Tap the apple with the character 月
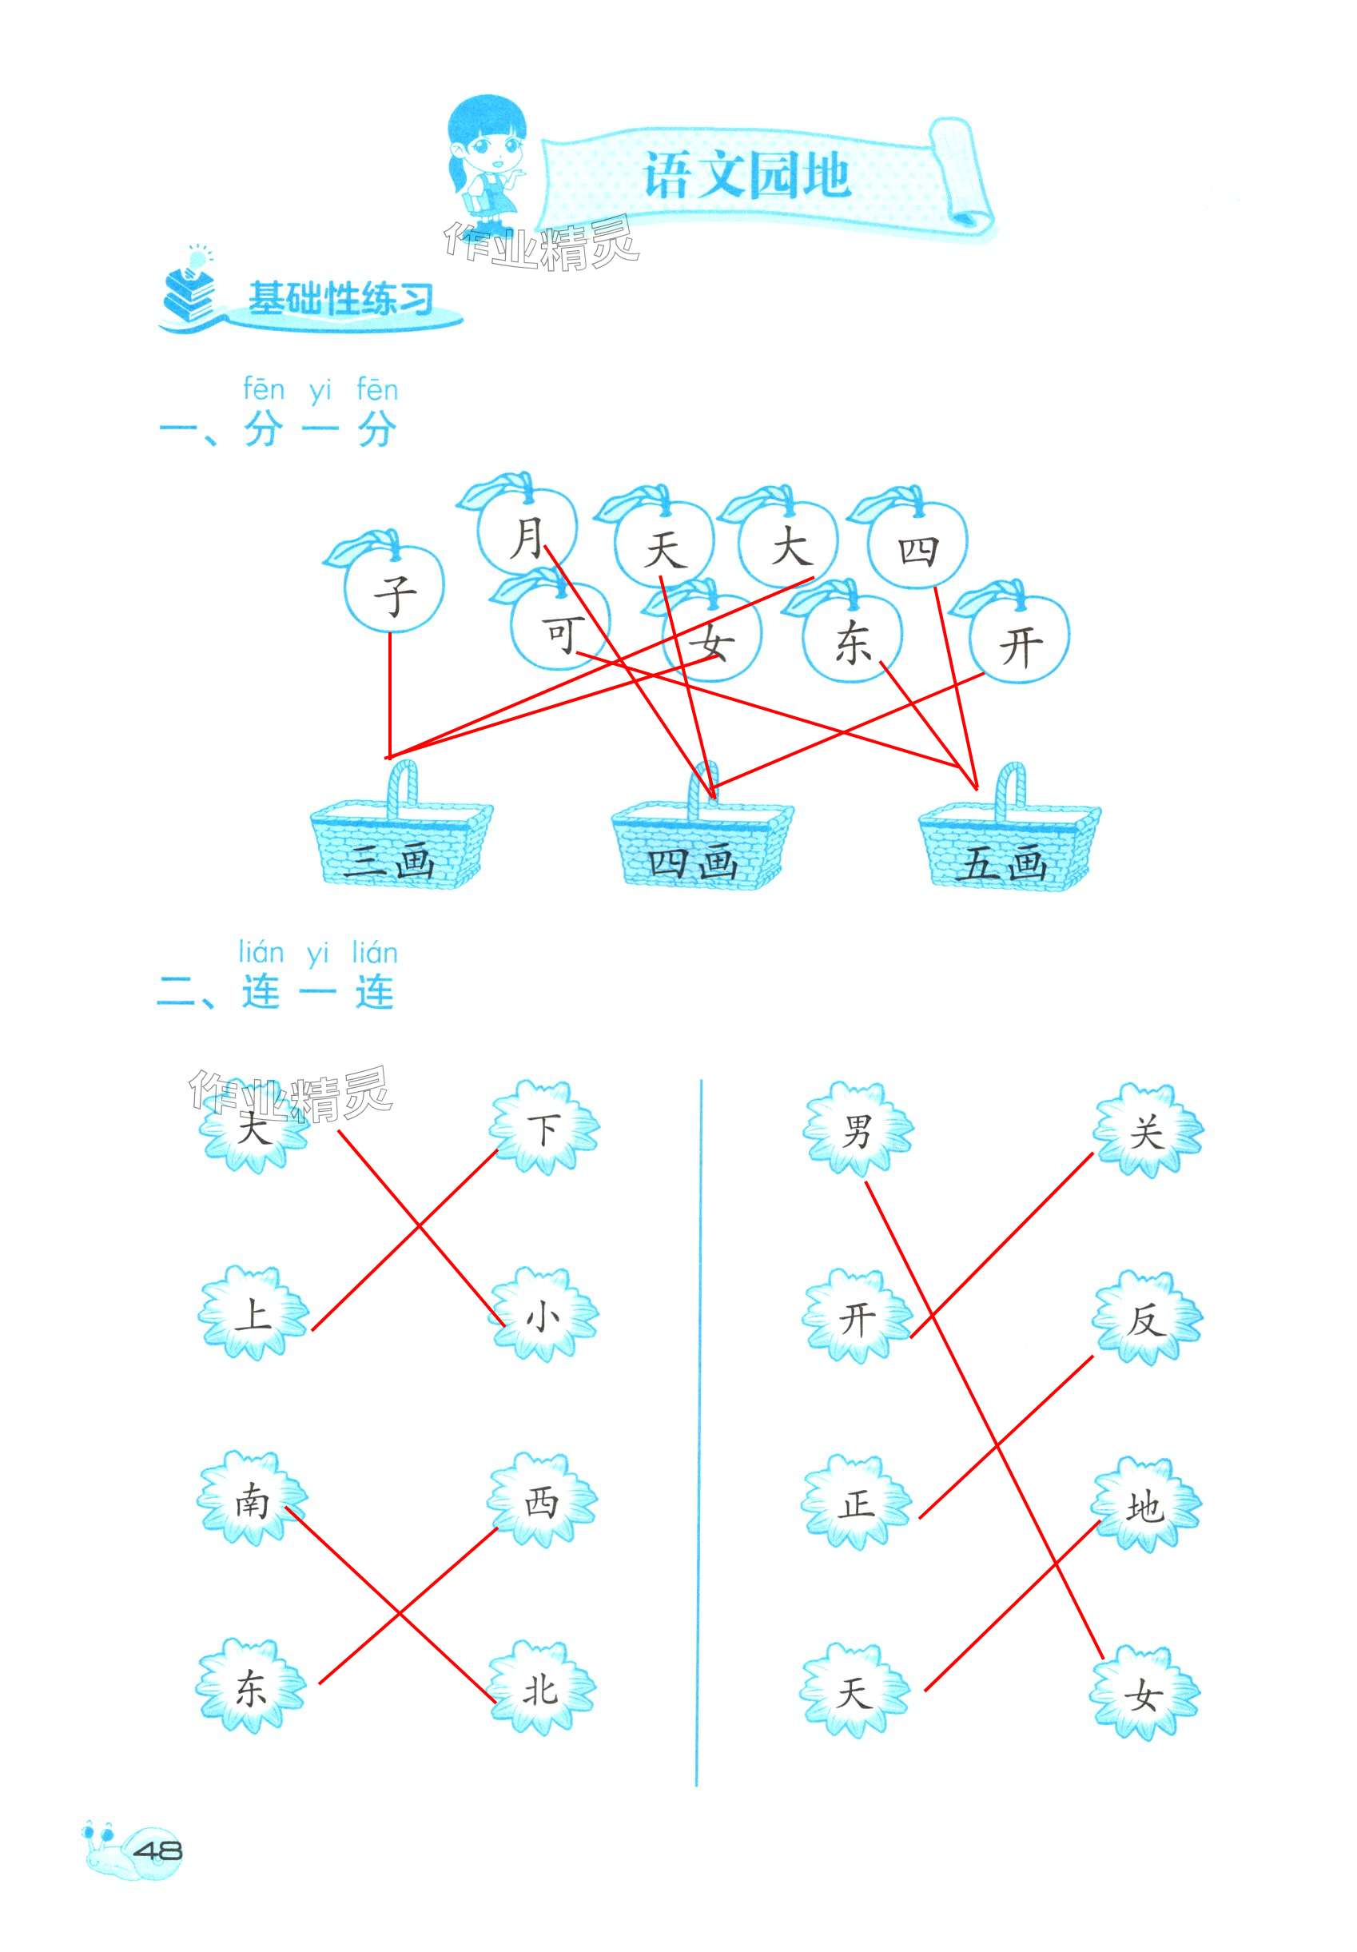527,534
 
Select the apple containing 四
917,547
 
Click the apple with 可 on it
560,631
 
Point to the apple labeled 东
852,641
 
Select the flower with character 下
543,1129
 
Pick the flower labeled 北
542,1687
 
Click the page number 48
158,1850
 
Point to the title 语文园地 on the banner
746,176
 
